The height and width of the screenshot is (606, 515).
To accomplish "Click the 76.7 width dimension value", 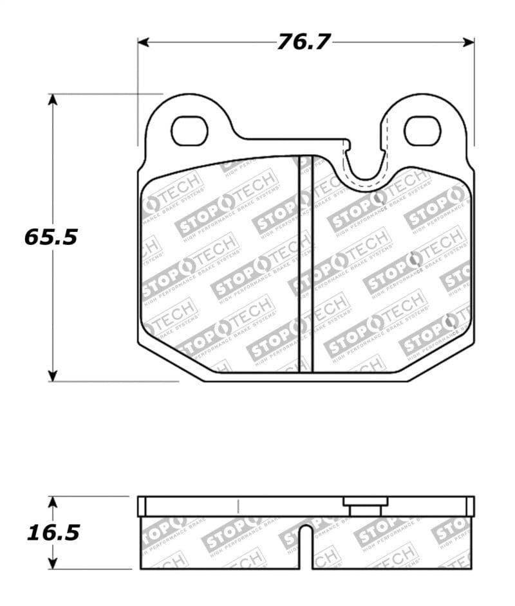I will (x=304, y=42).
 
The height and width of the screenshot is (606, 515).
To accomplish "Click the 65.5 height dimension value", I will (x=51, y=237).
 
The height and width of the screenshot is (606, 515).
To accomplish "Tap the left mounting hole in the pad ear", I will (x=191, y=130).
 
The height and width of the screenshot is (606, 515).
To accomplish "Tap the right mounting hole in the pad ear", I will (x=422, y=130).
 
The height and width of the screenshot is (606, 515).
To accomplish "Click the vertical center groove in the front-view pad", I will (x=305, y=263).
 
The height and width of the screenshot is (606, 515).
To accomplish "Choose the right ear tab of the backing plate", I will (x=422, y=122).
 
